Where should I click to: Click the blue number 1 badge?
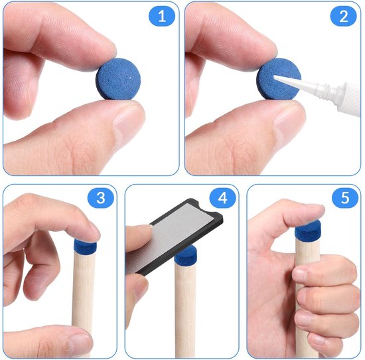click(x=162, y=16)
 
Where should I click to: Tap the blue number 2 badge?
click(x=343, y=16)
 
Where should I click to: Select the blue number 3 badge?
click(x=101, y=198)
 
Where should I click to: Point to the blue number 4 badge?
click(x=222, y=198)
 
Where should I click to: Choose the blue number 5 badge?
click(x=344, y=198)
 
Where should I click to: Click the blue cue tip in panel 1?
click(x=118, y=79)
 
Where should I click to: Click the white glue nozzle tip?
click(x=275, y=77)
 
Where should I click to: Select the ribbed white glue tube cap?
click(x=347, y=98)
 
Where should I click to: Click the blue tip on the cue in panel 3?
click(x=85, y=247)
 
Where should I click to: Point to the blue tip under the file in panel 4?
click(x=186, y=256)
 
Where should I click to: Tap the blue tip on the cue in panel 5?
click(x=308, y=228)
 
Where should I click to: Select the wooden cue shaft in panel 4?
click(x=185, y=310)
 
